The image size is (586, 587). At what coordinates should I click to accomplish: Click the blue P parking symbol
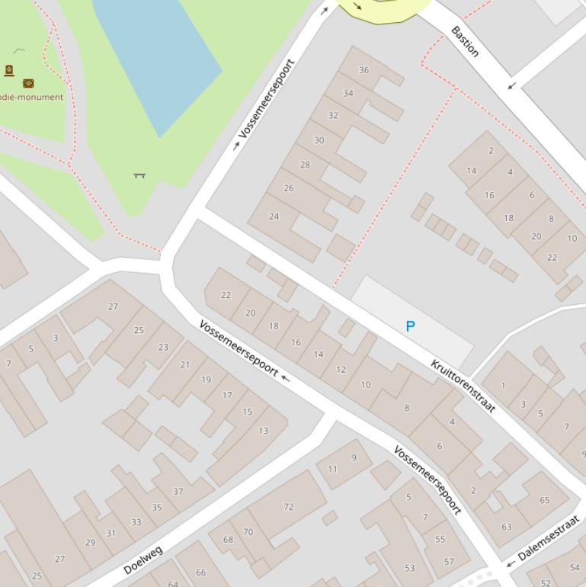tap(411, 326)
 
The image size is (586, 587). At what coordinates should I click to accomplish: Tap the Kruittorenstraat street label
tap(463, 386)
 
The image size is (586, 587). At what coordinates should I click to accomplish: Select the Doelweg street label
tap(142, 560)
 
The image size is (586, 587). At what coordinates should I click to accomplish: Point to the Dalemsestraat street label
tap(549, 538)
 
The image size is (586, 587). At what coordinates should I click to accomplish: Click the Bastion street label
tap(465, 41)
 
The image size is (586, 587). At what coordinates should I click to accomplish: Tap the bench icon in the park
tap(139, 175)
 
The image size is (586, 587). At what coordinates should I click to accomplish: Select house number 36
tap(363, 70)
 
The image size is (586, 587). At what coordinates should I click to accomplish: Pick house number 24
tap(274, 217)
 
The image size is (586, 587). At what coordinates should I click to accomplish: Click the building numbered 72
tap(288, 507)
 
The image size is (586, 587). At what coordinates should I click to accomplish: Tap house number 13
tap(263, 431)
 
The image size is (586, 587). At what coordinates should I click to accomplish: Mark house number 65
tap(544, 500)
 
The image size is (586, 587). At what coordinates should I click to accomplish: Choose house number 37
tap(178, 492)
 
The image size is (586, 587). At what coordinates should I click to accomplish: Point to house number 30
tap(319, 140)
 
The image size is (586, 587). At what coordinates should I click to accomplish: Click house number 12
tap(341, 370)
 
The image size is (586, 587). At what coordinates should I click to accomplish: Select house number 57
tap(449, 562)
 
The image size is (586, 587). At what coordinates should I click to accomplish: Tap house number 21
tap(184, 365)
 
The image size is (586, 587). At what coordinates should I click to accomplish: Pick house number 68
tap(228, 540)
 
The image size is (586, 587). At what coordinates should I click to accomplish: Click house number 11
tap(332, 469)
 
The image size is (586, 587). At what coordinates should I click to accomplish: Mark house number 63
tap(507, 527)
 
